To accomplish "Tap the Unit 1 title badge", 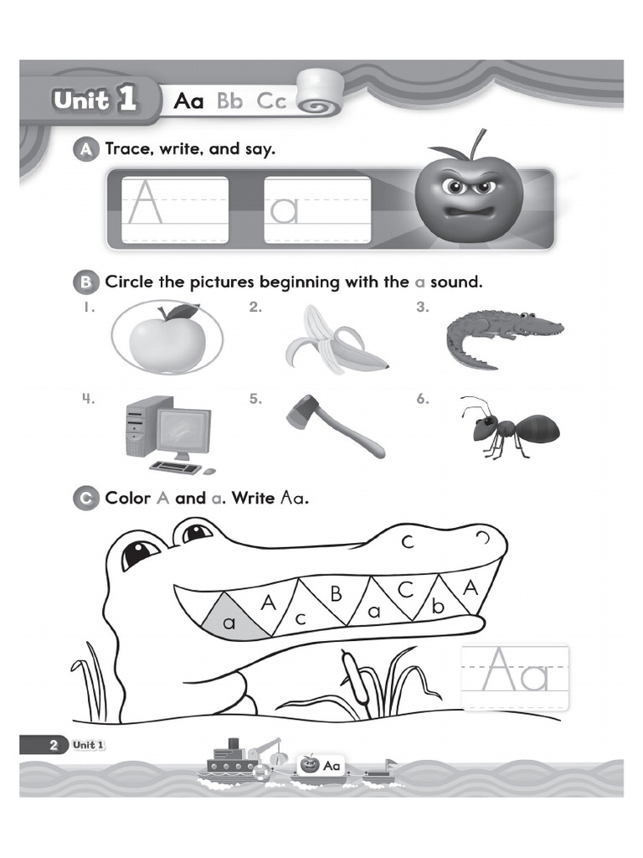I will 94,101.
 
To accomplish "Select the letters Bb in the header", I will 229,101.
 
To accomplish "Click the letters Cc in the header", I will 271,101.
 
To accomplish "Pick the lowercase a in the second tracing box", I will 284,210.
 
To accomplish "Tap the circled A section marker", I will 85,150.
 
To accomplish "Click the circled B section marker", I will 85,282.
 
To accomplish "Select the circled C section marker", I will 85,499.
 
